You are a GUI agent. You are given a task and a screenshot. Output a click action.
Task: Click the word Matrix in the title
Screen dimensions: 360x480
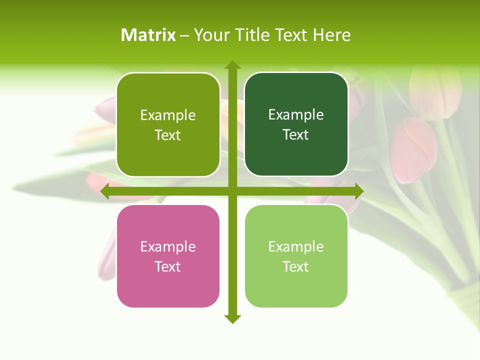point(148,35)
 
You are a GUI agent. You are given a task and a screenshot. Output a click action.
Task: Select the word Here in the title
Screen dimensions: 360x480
point(332,35)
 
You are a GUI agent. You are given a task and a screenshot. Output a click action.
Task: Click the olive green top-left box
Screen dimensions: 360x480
point(168,124)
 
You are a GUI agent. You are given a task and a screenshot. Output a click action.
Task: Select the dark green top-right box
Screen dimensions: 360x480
point(296,124)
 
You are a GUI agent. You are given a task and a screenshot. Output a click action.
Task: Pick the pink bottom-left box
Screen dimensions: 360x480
point(168,256)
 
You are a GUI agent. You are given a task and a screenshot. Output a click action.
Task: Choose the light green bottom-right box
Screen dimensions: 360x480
point(296,256)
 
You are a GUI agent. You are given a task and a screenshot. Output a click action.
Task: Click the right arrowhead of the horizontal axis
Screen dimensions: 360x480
point(358,191)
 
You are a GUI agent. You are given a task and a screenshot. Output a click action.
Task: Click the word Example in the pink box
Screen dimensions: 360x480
point(168,246)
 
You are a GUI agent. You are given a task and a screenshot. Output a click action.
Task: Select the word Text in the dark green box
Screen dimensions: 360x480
point(296,134)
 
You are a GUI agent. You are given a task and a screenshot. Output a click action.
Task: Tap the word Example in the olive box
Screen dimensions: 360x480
point(168,115)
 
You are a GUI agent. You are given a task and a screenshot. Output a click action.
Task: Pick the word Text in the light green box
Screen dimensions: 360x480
point(296,266)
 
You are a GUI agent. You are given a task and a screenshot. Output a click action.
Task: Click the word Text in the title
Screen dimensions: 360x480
point(290,35)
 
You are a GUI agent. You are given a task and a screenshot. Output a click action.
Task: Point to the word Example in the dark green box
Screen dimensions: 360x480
point(296,114)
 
